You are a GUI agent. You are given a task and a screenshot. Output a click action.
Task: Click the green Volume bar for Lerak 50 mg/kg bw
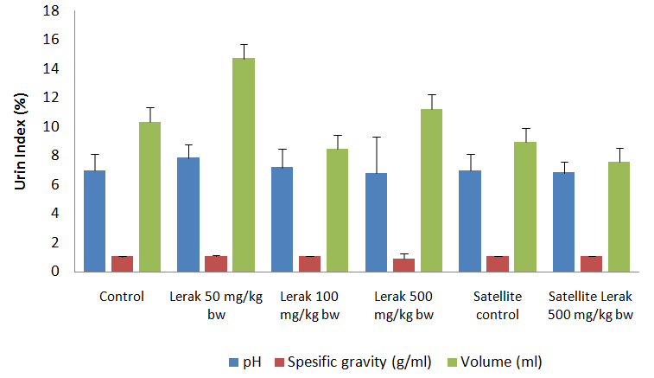[244, 164]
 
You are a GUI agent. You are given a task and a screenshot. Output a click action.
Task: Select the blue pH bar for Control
[94, 221]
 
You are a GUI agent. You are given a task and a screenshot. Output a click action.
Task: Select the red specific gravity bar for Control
[122, 264]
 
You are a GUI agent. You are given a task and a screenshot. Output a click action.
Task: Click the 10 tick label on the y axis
[54, 127]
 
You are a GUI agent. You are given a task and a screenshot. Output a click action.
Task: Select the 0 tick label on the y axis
[57, 272]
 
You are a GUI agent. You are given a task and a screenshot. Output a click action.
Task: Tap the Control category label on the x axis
[122, 297]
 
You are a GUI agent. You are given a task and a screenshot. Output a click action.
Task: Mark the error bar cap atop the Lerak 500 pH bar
[377, 137]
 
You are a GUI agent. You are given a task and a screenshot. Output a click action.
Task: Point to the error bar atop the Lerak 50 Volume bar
[244, 51]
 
